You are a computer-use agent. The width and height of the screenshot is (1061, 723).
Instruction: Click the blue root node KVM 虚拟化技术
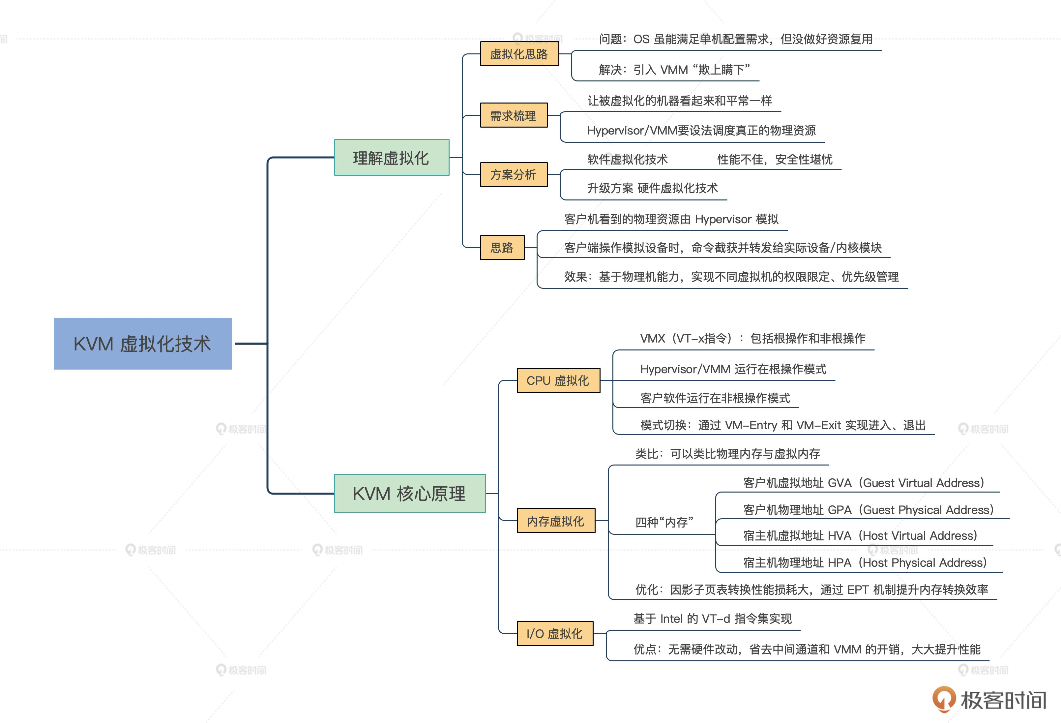click(x=142, y=344)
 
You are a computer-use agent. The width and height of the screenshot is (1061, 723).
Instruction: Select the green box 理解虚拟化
click(x=391, y=158)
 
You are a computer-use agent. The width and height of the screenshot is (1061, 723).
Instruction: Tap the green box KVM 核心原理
click(x=409, y=493)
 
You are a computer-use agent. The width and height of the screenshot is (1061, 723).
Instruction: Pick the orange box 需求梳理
click(x=513, y=115)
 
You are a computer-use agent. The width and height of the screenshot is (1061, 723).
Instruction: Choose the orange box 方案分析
click(x=513, y=174)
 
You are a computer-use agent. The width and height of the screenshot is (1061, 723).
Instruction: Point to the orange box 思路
click(x=502, y=248)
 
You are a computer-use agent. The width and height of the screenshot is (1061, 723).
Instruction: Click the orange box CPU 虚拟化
click(x=558, y=380)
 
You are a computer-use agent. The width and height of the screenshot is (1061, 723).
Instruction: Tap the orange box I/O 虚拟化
click(x=554, y=633)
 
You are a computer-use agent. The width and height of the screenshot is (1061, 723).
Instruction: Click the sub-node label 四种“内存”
click(x=664, y=522)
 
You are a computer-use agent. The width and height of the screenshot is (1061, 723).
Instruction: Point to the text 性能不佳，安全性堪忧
click(x=775, y=159)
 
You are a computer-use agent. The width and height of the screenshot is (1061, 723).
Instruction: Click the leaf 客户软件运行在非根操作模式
click(x=715, y=398)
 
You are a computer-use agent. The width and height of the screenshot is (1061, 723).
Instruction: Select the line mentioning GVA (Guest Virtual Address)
click(x=863, y=483)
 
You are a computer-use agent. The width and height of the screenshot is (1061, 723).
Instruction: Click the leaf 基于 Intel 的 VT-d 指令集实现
click(x=713, y=618)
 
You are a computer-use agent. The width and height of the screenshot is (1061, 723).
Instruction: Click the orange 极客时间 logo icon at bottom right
click(x=943, y=699)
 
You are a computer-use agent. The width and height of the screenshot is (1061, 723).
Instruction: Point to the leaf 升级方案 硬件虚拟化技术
click(x=652, y=188)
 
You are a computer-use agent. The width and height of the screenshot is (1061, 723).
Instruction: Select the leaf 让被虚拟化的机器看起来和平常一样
click(x=679, y=101)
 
